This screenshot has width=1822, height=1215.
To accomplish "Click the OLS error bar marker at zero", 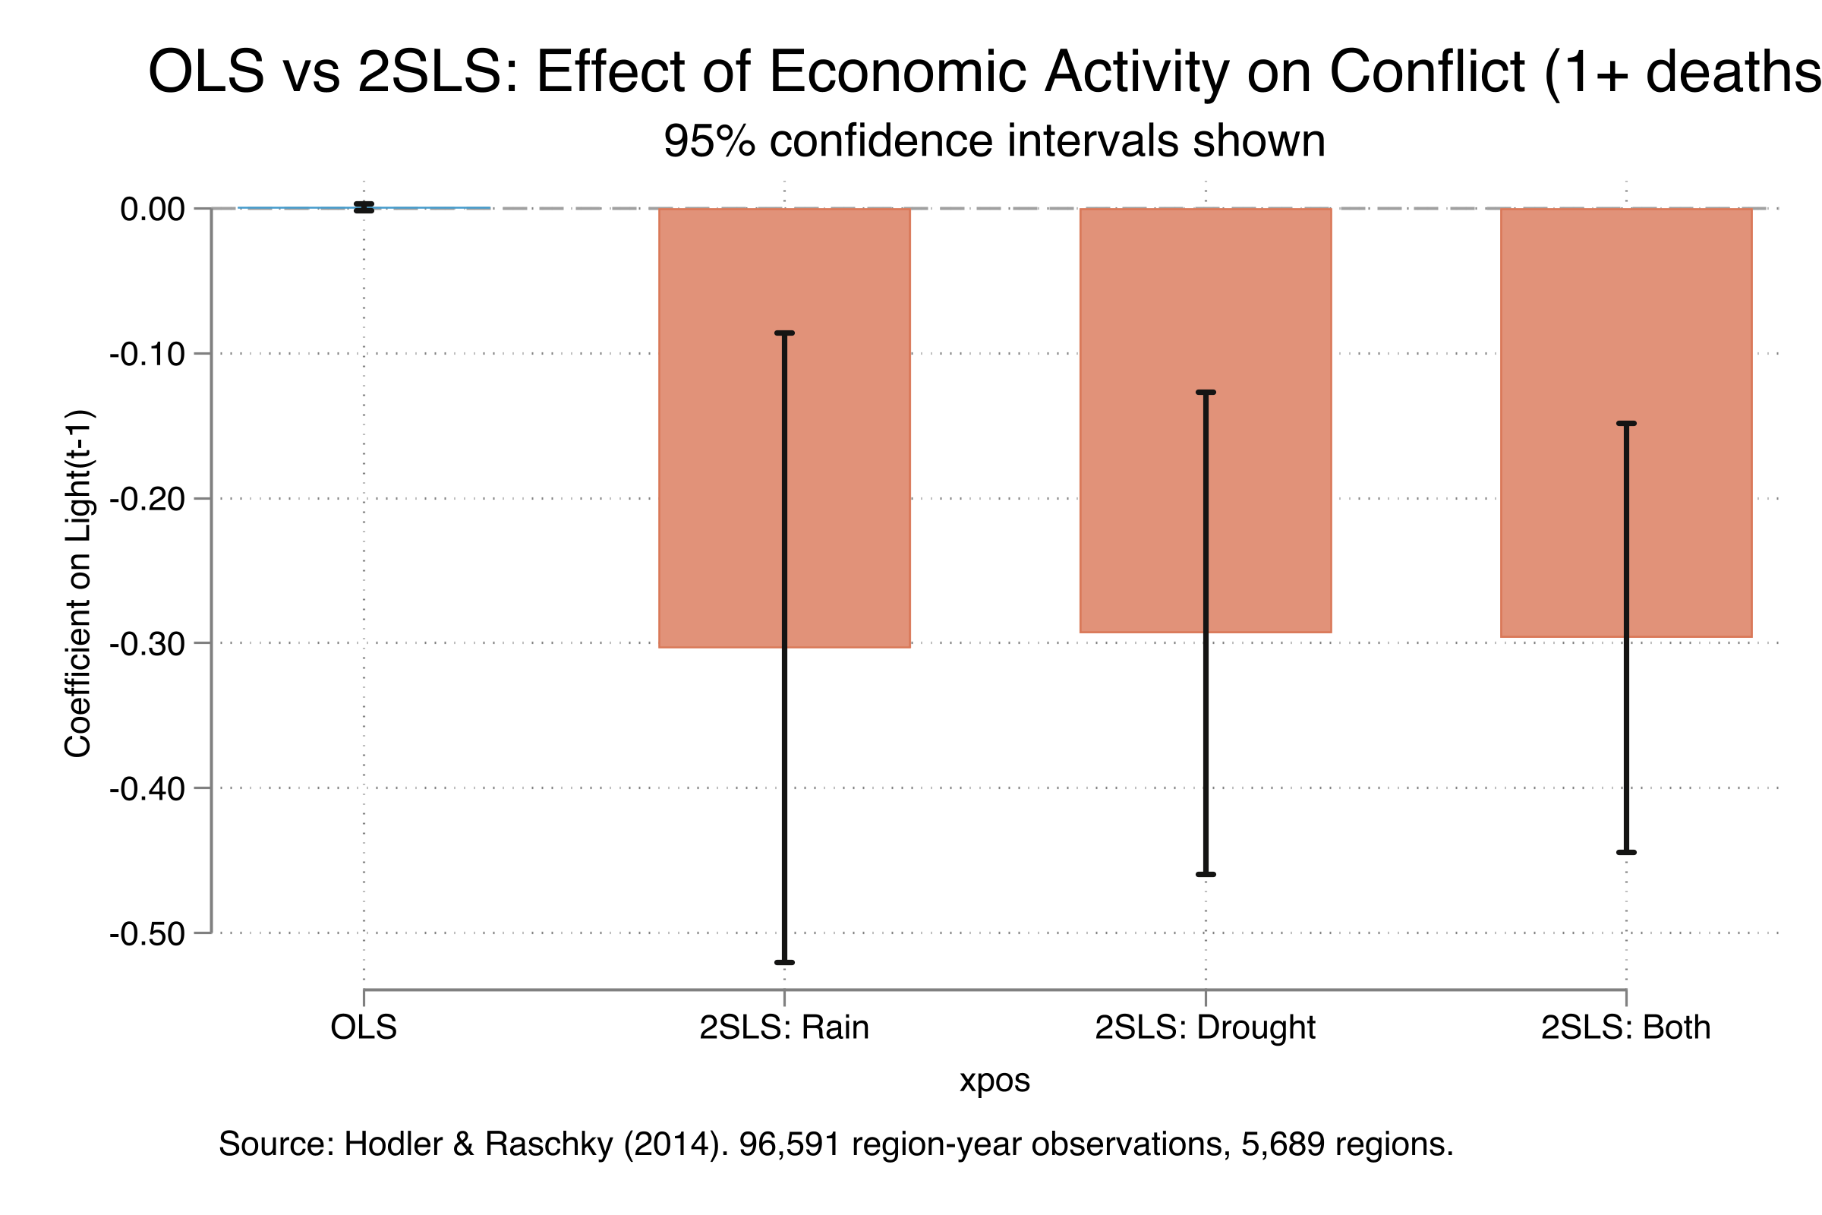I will point(364,207).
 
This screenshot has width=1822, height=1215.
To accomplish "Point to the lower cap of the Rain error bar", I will point(785,962).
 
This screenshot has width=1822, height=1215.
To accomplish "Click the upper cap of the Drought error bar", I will point(1206,392).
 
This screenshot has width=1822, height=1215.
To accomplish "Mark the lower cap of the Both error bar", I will point(1626,852).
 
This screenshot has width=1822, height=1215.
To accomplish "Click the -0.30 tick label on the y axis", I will point(147,644).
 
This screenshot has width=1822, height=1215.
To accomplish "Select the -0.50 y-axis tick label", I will point(147,934).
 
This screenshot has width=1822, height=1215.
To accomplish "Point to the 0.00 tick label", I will point(153,210).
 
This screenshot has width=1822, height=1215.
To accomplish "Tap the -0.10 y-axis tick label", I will point(147,354).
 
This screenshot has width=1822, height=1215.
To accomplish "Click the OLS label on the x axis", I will point(364,1027).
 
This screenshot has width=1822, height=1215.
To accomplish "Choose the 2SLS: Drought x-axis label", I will point(1206,1027).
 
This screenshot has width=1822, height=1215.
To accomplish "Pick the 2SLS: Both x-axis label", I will point(1626,1027).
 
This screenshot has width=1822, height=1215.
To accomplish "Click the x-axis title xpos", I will point(995,1080).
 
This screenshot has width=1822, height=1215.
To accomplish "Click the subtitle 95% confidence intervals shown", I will point(995,141).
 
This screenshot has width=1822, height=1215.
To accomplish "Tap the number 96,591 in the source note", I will point(790,1144).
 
